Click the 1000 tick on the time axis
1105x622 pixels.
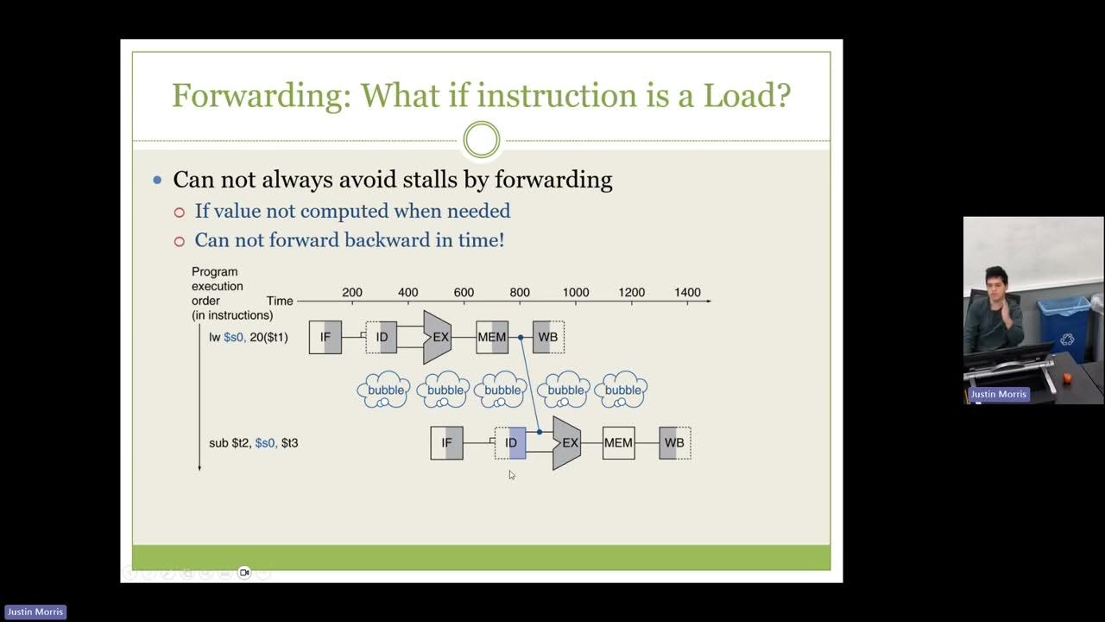pyautogui.click(x=575, y=293)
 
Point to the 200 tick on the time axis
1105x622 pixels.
pyautogui.click(x=352, y=293)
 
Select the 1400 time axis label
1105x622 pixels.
pyautogui.click(x=687, y=293)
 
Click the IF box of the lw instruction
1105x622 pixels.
pyautogui.click(x=325, y=337)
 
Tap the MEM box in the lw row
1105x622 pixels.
pyautogui.click(x=492, y=337)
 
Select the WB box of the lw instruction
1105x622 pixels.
pyautogui.click(x=548, y=337)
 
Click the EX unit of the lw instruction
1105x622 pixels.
pyautogui.click(x=438, y=337)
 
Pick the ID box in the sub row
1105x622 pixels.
pyautogui.click(x=511, y=443)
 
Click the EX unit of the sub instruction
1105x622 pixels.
pyautogui.click(x=567, y=443)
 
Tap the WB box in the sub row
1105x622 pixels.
pyautogui.click(x=674, y=443)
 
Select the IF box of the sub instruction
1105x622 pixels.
pyautogui.click(x=446, y=443)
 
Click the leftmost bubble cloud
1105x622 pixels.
pyautogui.click(x=385, y=390)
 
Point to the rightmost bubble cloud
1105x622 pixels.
pyautogui.click(x=622, y=390)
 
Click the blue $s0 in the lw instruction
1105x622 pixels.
pyautogui.click(x=234, y=337)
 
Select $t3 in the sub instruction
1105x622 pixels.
pyautogui.click(x=289, y=443)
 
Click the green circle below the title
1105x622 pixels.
pyautogui.click(x=481, y=140)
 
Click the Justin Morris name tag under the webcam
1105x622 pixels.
pyautogui.click(x=998, y=394)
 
